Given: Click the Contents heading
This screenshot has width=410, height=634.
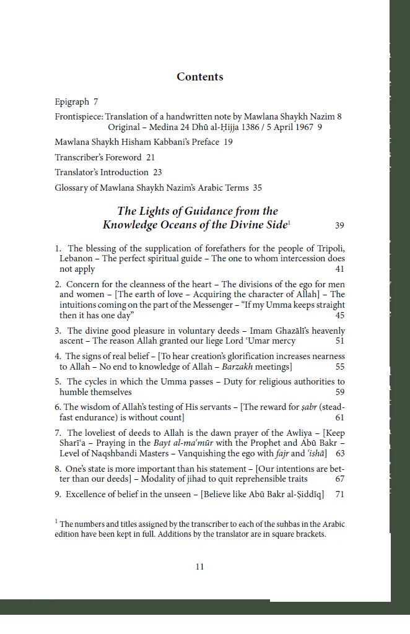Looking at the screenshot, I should pos(199,77).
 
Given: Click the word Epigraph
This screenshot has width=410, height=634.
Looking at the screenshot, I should pos(72,102).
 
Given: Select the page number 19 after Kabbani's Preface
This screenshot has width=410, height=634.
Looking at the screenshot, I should pos(228,142).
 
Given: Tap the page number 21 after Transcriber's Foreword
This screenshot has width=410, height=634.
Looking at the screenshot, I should pos(150,157).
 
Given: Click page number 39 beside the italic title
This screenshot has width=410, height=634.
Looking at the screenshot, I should pos(339,225).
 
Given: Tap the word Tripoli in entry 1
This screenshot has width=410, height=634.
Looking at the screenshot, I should pos(328,248).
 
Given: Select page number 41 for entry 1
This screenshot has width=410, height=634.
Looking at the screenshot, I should pos(339,269).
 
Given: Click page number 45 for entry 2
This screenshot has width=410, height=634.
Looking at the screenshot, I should pos(339,315).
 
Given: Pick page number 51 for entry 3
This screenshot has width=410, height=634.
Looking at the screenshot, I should pos(339,341).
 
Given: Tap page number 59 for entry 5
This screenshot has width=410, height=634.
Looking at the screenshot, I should pos(339,392).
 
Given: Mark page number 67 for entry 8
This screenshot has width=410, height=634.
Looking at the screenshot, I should pos(339,479).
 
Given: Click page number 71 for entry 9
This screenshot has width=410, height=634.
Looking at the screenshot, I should pos(339,495).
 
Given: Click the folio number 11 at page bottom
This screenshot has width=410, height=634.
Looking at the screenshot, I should pos(199,567).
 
